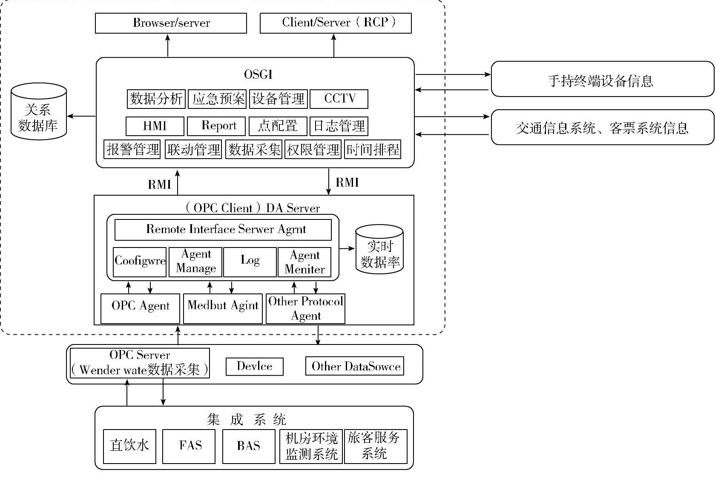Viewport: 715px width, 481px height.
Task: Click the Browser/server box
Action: point(171,23)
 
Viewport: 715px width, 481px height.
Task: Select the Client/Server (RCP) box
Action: point(336,23)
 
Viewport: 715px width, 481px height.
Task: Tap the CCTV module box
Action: point(339,99)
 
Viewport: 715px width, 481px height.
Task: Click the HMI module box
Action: point(155,126)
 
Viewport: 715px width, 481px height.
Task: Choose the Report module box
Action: point(216,126)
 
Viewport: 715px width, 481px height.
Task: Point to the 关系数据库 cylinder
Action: point(38,112)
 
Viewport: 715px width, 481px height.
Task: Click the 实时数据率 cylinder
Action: point(379,250)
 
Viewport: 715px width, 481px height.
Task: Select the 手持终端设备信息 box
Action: point(602,80)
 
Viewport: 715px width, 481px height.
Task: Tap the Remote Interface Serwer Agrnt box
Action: point(223,230)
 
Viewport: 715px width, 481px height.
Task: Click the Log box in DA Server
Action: point(250,262)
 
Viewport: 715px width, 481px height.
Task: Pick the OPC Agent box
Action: point(141,308)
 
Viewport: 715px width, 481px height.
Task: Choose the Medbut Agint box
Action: point(223,308)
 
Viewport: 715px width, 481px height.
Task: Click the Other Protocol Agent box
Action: point(305,308)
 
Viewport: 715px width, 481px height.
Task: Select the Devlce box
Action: point(254,367)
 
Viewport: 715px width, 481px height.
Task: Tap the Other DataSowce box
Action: point(355,367)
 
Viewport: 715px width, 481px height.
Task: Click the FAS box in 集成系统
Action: point(189,446)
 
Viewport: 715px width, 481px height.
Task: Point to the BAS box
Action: point(249,446)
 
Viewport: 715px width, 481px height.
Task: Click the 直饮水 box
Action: point(129,446)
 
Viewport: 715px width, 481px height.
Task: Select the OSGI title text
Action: point(258,74)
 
